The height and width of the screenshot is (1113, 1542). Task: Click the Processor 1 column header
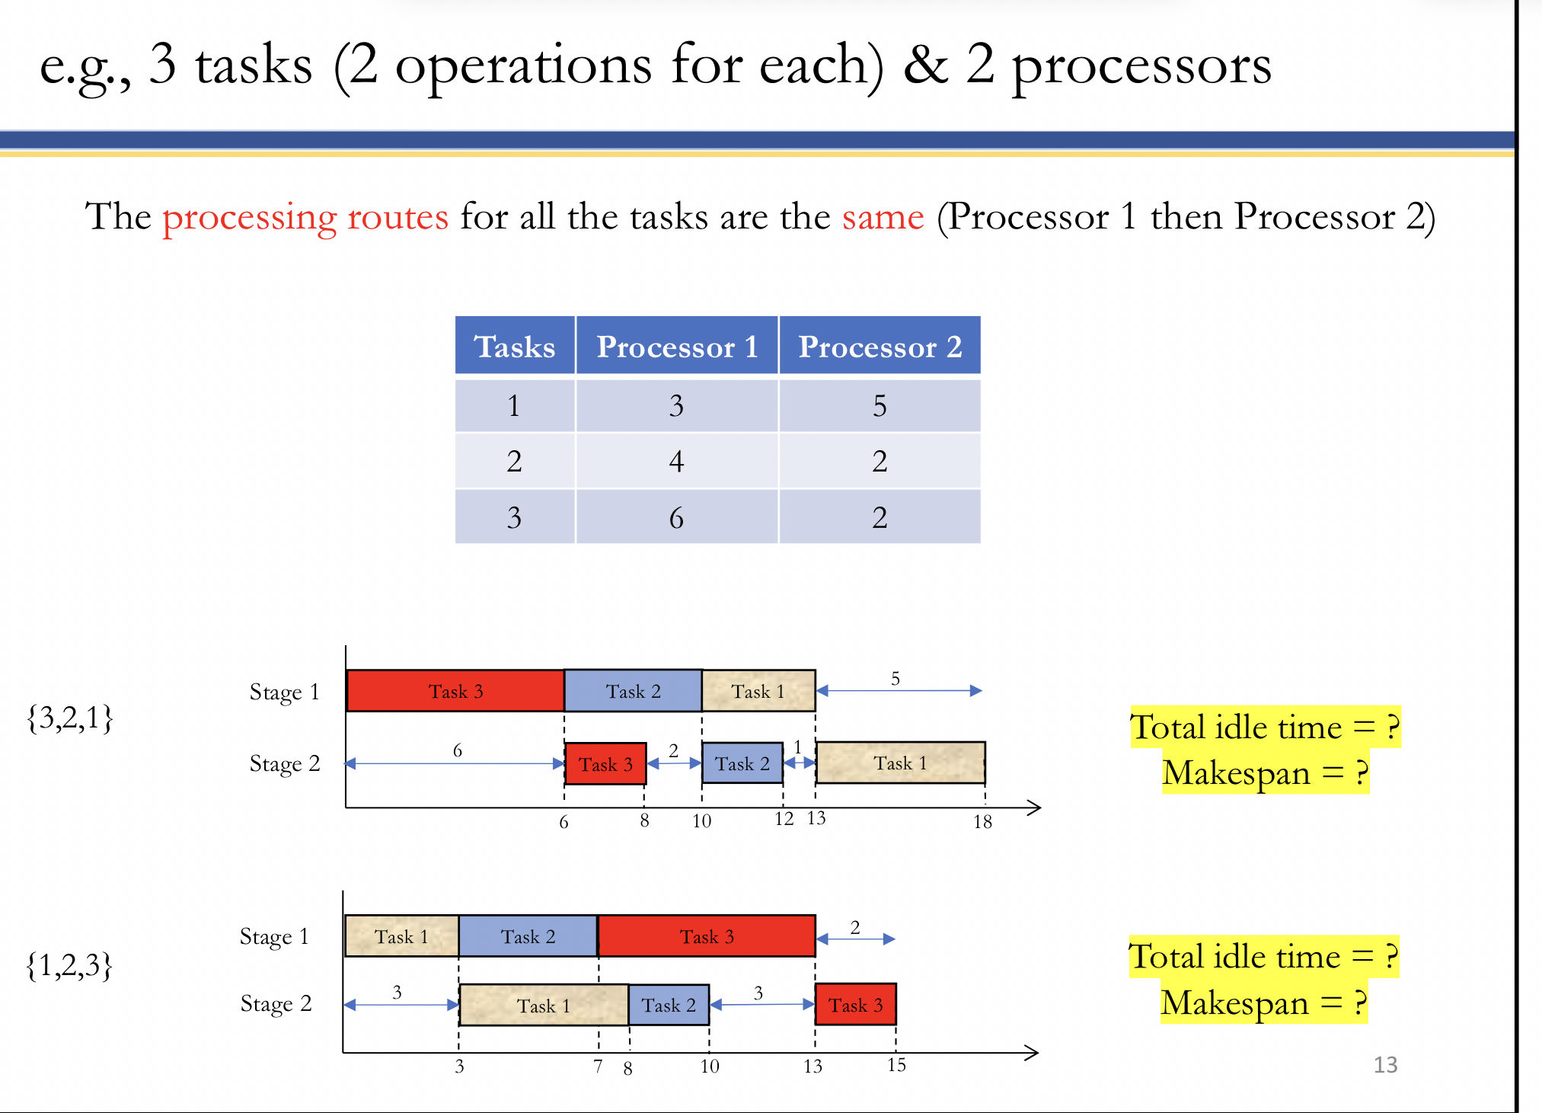point(677,347)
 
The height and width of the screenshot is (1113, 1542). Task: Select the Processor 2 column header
point(880,347)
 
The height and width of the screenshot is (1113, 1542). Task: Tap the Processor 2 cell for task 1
point(880,405)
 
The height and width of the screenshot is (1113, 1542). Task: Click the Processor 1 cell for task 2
point(676,462)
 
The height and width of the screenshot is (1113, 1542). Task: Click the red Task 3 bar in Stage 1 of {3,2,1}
point(455,691)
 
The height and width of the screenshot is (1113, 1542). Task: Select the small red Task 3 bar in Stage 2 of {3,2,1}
point(605,764)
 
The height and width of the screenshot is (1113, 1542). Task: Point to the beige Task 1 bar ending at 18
point(900,763)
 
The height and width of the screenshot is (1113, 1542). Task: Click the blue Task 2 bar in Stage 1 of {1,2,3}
point(528,936)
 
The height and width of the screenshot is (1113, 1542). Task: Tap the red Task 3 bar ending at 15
point(855,1005)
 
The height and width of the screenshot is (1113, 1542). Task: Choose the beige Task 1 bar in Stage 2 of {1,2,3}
point(543,1006)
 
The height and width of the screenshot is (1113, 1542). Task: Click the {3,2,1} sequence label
point(70,718)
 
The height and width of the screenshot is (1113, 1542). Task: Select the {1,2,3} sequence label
point(70,965)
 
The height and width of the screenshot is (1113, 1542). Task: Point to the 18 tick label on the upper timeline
point(982,822)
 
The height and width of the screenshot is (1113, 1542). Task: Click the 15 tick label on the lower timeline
point(896,1065)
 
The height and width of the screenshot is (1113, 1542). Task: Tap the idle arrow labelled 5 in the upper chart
point(899,691)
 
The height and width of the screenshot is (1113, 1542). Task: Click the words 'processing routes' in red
point(305,217)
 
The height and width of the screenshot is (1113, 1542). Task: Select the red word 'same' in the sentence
point(883,217)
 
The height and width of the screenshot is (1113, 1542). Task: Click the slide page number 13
point(1385,1065)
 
